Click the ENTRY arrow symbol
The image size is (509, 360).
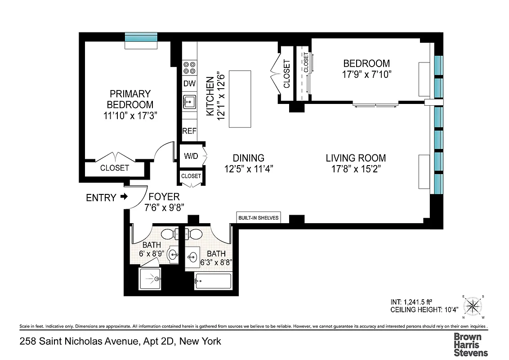124,197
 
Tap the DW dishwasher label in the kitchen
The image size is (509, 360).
189,83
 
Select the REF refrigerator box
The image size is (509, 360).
189,131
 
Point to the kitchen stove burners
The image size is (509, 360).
189,67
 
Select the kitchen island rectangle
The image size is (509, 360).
240,99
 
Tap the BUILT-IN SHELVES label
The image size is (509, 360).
259,218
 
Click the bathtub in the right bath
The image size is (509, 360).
213,281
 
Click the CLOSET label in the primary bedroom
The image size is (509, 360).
114,168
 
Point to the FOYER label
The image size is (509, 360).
164,197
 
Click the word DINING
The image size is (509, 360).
248,158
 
